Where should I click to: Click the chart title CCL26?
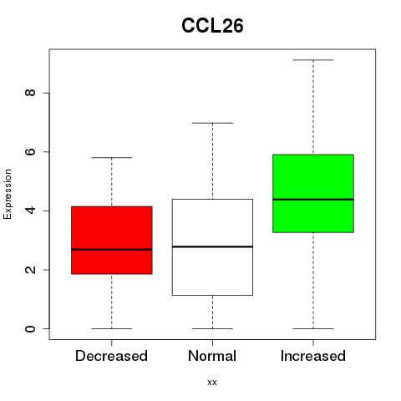(212, 26)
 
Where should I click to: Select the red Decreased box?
(112, 240)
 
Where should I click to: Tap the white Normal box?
(212, 247)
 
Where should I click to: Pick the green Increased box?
(313, 193)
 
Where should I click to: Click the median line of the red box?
(112, 249)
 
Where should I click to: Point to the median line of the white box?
(212, 246)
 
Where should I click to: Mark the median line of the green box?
(313, 200)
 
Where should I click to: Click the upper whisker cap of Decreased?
(112, 158)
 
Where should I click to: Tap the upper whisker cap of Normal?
(212, 123)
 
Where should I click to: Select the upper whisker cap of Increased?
(313, 60)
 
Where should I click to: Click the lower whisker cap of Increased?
(313, 328)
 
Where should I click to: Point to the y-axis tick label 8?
(30, 93)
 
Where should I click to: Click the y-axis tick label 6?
(30, 151)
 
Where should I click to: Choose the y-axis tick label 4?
(30, 211)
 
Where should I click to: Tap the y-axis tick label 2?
(30, 270)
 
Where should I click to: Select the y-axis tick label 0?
(30, 328)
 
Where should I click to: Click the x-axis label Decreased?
(111, 356)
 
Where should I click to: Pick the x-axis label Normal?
(212, 356)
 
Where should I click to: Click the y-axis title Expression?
(8, 194)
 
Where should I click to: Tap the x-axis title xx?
(212, 383)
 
